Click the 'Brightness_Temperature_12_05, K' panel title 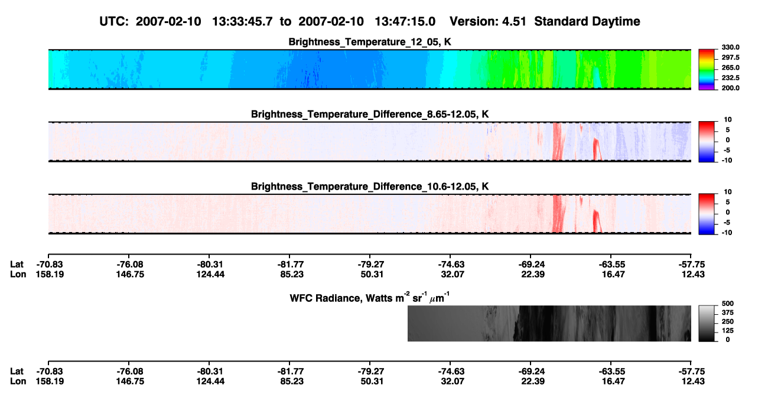[x=370, y=42]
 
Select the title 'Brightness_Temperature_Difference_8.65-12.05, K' [x=370, y=114]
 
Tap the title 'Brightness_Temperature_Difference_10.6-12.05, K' [x=370, y=187]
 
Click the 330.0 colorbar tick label [x=730, y=47]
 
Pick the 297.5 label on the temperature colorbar [x=730, y=57]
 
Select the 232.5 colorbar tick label [x=730, y=78]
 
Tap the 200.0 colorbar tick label [x=730, y=88]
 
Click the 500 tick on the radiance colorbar [x=728, y=304]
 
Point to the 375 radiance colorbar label [x=728, y=312]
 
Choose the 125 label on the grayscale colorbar [x=728, y=331]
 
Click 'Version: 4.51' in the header [x=487, y=21]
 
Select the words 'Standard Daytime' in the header [x=587, y=21]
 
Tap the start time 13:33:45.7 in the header [x=242, y=21]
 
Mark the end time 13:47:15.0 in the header [x=405, y=21]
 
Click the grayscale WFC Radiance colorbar [x=707, y=323]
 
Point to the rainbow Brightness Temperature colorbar [x=707, y=70]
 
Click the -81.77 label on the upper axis [x=291, y=265]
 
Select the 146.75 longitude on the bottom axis [x=130, y=382]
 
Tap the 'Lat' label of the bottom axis [x=17, y=372]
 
